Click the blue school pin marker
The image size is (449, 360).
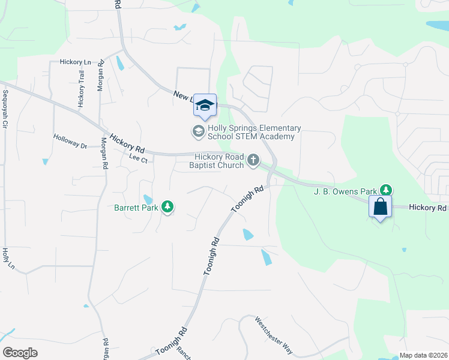[x=205, y=106]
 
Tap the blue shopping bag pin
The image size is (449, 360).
[x=381, y=207]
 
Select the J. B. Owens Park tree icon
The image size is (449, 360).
[x=387, y=190]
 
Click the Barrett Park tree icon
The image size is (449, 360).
[x=169, y=207]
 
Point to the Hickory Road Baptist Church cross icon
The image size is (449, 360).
[x=253, y=160]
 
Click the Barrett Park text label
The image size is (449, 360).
[x=137, y=208]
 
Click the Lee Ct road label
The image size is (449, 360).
[x=138, y=159]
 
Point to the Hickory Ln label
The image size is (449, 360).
[x=75, y=62]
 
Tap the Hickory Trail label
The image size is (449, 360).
[x=82, y=89]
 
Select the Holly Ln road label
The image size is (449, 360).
[x=6, y=258]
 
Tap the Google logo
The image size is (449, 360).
[x=20, y=352]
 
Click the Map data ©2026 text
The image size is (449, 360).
[x=423, y=355]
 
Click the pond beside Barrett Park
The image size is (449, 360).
[x=147, y=199]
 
